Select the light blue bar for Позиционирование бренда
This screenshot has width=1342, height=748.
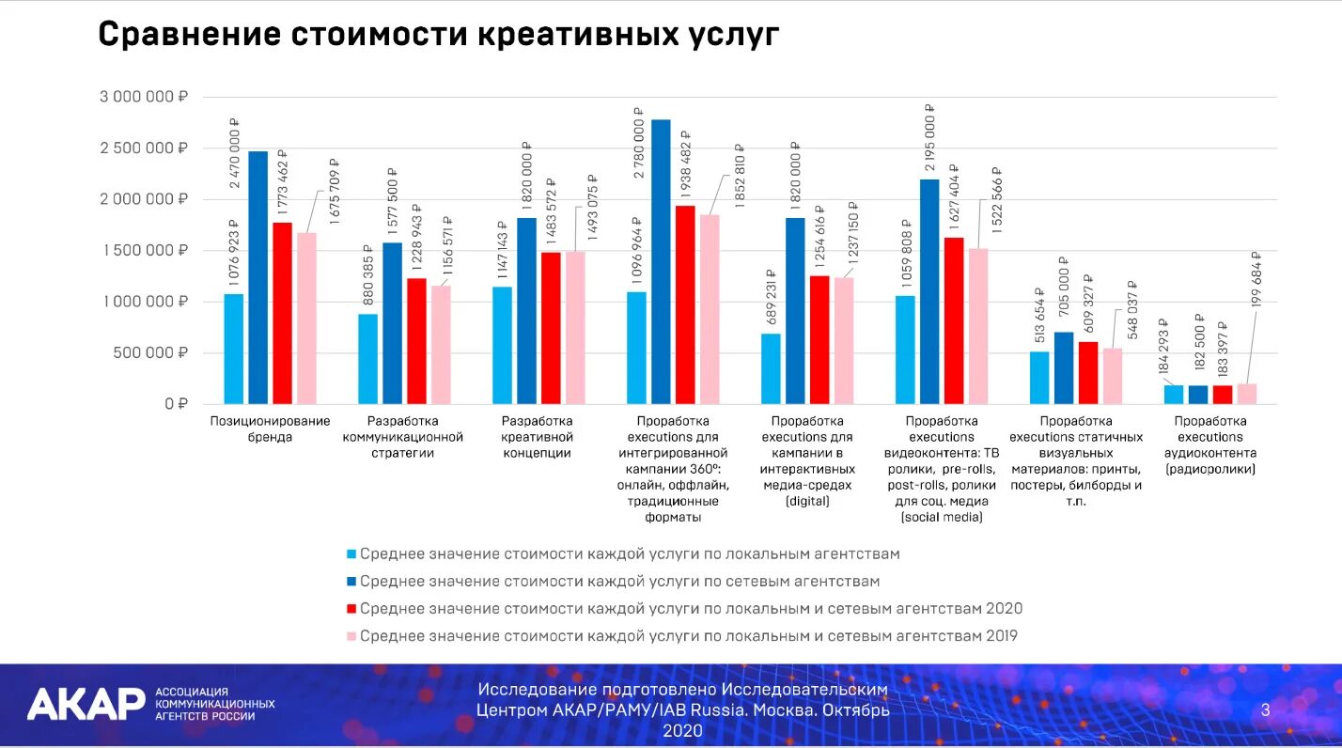click(x=233, y=349)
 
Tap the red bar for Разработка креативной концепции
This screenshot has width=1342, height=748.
click(x=551, y=328)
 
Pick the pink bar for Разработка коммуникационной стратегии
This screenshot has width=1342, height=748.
click(x=441, y=345)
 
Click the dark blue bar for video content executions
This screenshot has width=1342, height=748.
click(x=929, y=291)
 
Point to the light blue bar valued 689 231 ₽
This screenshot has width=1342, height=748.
click(x=771, y=368)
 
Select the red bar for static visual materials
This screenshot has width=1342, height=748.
click(x=1088, y=373)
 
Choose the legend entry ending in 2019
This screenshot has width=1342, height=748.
click(x=688, y=636)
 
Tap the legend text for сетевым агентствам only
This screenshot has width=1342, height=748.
click(x=619, y=582)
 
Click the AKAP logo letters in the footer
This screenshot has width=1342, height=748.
click(x=86, y=704)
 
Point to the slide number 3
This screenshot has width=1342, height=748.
click(x=1265, y=710)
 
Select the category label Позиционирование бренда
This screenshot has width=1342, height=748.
click(x=270, y=429)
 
